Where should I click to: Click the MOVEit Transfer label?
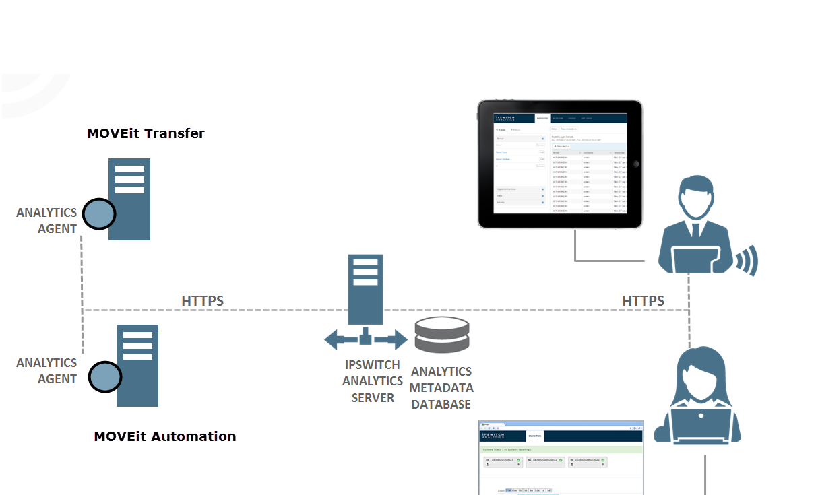tap(146, 133)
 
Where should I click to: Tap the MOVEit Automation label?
tap(165, 436)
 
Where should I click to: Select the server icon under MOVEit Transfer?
tap(129, 199)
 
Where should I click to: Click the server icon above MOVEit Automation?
tap(137, 365)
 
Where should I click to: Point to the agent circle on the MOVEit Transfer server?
tap(99, 214)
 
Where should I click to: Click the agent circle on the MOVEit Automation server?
tap(105, 376)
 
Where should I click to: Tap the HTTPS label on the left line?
tap(202, 300)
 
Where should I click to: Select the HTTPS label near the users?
tap(643, 300)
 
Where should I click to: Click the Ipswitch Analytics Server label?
tap(373, 381)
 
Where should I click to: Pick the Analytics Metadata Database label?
tap(441, 388)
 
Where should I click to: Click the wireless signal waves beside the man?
tap(747, 260)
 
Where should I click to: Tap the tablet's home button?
tap(635, 164)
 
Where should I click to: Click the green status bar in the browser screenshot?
tap(561, 449)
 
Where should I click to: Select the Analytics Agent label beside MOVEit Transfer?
tap(46, 221)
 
